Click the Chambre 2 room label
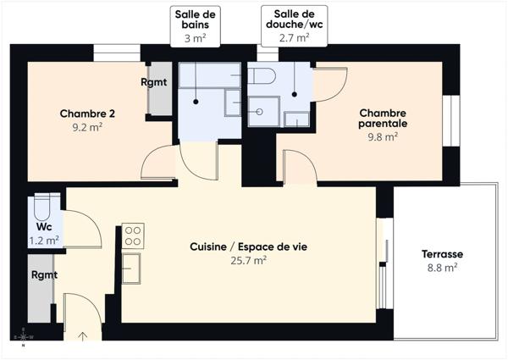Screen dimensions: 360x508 [87, 114]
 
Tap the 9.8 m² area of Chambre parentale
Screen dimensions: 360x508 [383, 137]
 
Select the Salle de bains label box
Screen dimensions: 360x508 [196, 25]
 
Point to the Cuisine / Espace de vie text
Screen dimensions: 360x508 [248, 246]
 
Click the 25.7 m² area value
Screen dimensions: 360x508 [248, 261]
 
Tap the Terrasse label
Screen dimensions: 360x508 [442, 253]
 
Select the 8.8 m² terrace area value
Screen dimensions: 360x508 [442, 268]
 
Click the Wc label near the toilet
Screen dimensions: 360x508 [44, 227]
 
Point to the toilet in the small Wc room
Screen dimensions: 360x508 [45, 206]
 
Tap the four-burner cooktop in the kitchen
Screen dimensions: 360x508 [133, 235]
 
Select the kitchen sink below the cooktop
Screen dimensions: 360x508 [131, 269]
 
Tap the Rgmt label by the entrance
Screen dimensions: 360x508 [44, 275]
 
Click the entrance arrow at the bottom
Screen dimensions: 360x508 [82, 337]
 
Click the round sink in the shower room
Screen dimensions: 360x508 [264, 109]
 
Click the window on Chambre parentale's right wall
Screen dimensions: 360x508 [452, 120]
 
